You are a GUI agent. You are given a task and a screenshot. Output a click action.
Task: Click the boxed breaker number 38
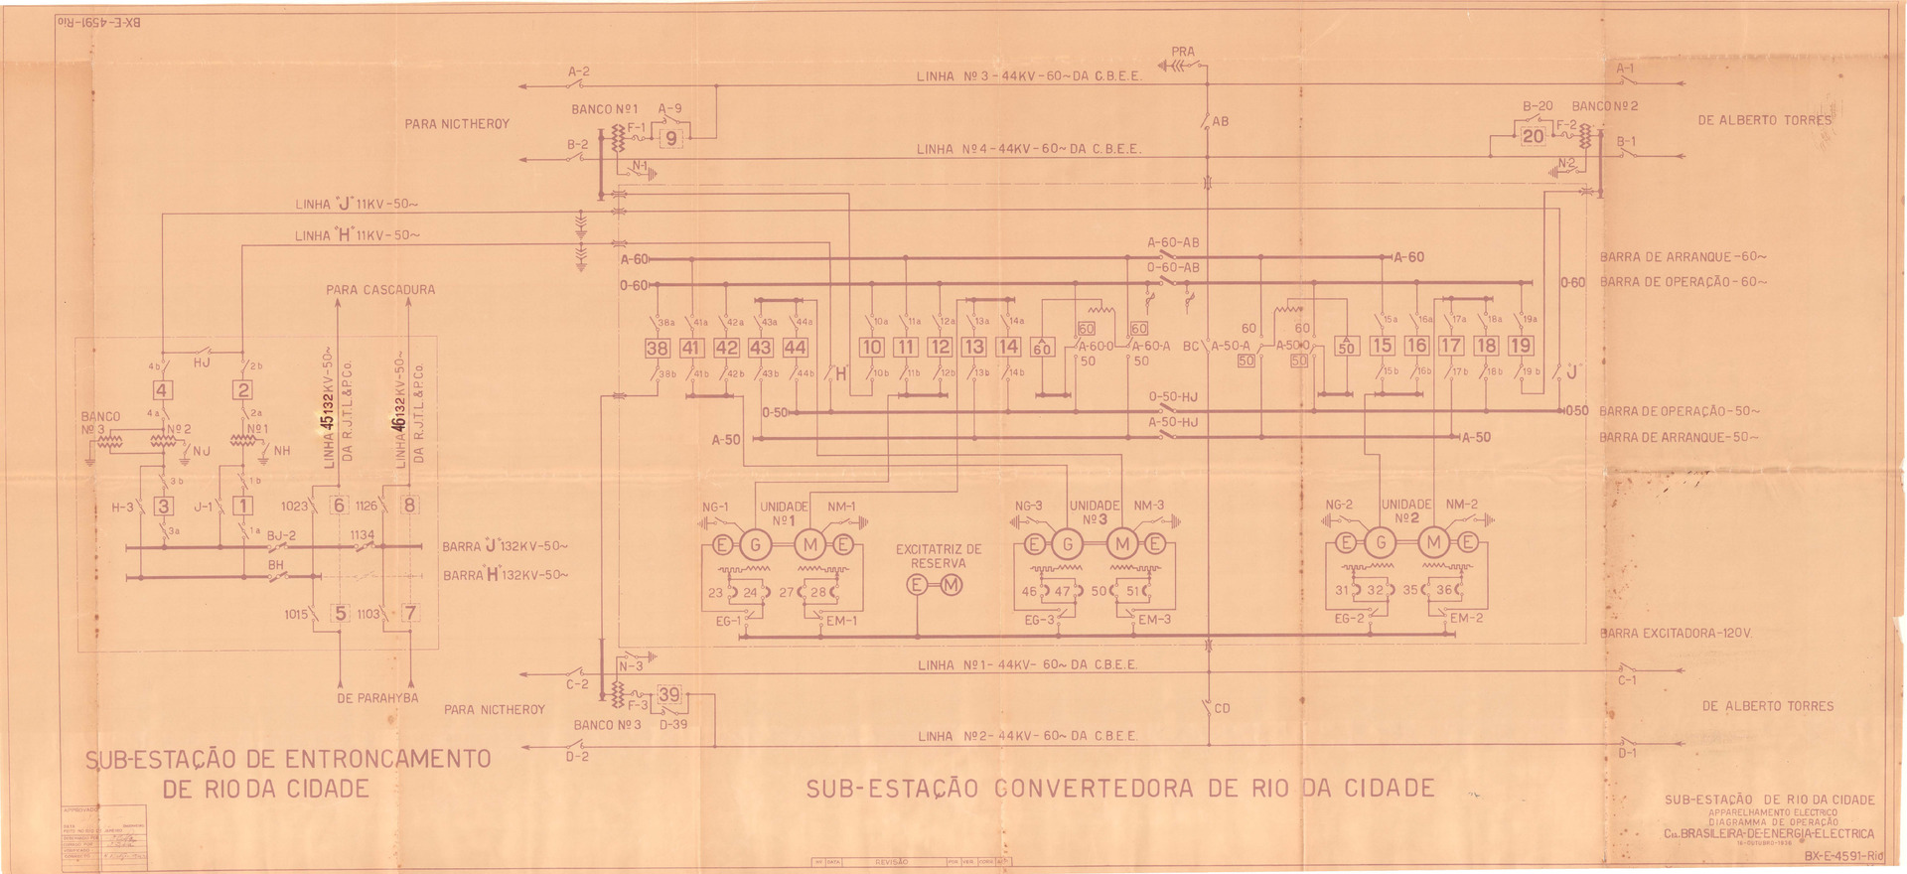click(658, 348)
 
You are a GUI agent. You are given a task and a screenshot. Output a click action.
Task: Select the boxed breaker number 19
click(1520, 346)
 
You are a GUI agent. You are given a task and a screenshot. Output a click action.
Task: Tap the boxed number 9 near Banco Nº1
click(672, 139)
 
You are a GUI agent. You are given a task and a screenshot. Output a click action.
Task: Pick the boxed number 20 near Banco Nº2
click(1534, 136)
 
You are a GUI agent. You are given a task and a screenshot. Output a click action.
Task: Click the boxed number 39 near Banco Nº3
click(669, 695)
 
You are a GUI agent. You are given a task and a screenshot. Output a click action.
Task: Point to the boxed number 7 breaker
click(409, 613)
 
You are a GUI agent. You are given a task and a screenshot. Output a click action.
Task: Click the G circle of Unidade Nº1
click(756, 544)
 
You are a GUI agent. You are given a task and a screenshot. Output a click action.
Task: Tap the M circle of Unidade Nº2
click(1434, 542)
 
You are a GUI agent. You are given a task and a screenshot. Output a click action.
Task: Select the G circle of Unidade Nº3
click(1068, 544)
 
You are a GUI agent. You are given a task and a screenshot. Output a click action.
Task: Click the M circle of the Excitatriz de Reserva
click(952, 585)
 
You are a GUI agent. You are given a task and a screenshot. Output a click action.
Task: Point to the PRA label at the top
click(1183, 51)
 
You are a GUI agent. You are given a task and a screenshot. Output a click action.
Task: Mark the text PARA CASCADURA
click(380, 290)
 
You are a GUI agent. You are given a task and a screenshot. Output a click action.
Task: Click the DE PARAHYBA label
click(377, 697)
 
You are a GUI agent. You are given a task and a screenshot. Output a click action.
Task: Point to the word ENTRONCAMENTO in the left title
click(388, 759)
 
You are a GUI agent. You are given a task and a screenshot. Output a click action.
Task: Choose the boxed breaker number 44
click(795, 348)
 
